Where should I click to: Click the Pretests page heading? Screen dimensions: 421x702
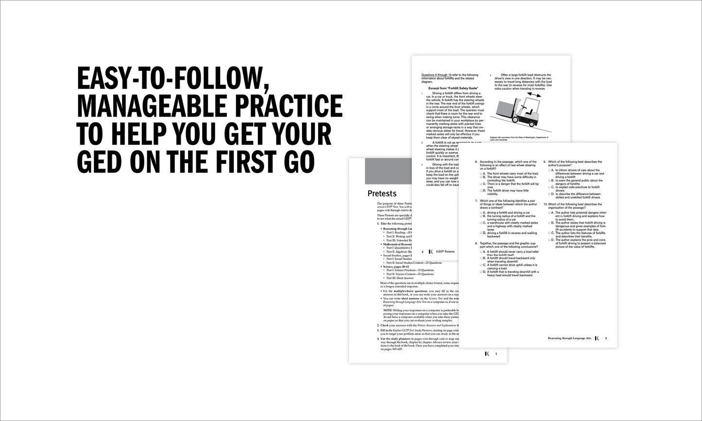click(x=382, y=194)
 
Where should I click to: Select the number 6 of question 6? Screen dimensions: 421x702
click(x=476, y=162)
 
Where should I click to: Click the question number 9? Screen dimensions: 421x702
click(x=545, y=162)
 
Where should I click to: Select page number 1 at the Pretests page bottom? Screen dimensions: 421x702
click(x=496, y=354)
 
